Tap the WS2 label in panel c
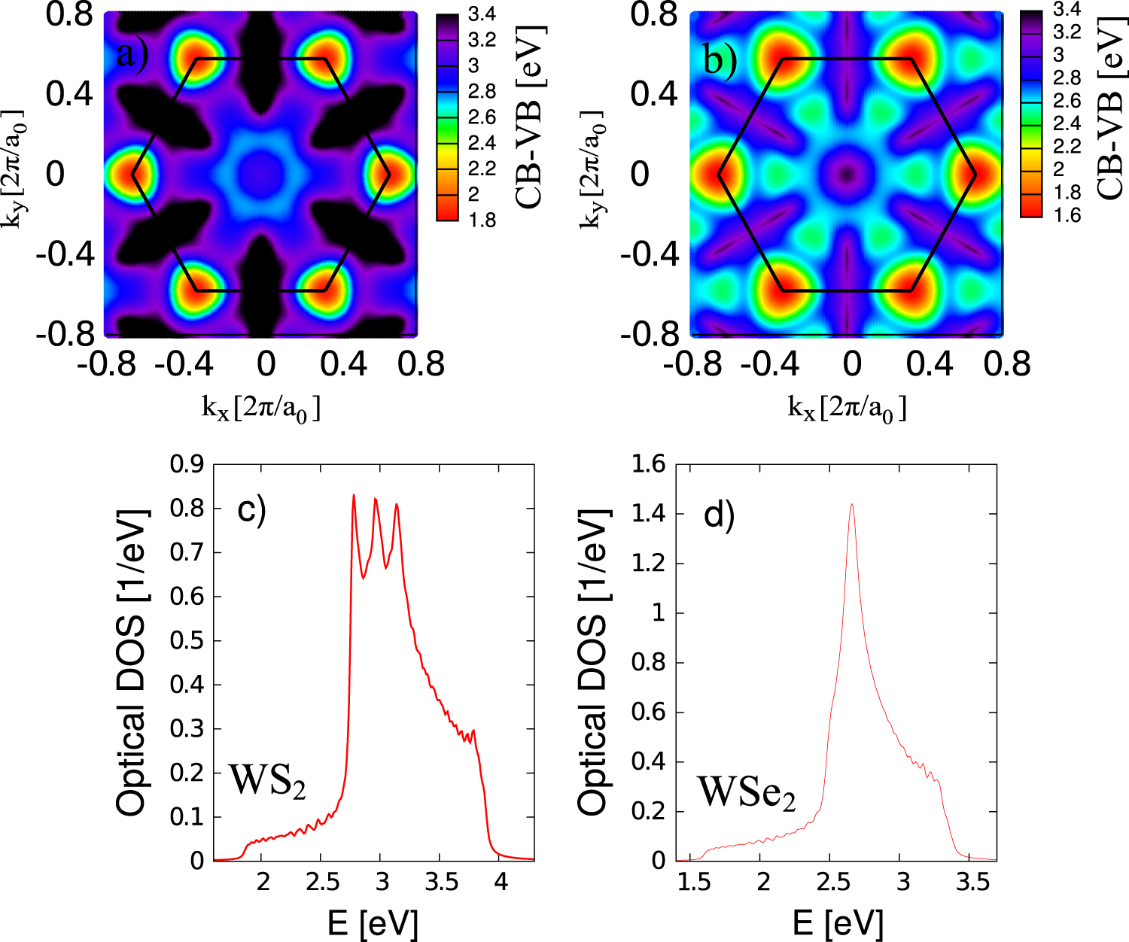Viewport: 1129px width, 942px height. [x=268, y=780]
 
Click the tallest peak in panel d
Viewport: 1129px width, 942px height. [x=851, y=506]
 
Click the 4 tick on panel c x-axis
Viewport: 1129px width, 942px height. [x=500, y=882]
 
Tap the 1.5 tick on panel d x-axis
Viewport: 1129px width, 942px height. [x=693, y=882]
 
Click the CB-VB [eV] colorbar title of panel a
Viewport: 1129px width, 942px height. [x=530, y=117]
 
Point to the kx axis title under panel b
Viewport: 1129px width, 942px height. [x=847, y=409]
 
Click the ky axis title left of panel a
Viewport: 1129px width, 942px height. [x=16, y=174]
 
